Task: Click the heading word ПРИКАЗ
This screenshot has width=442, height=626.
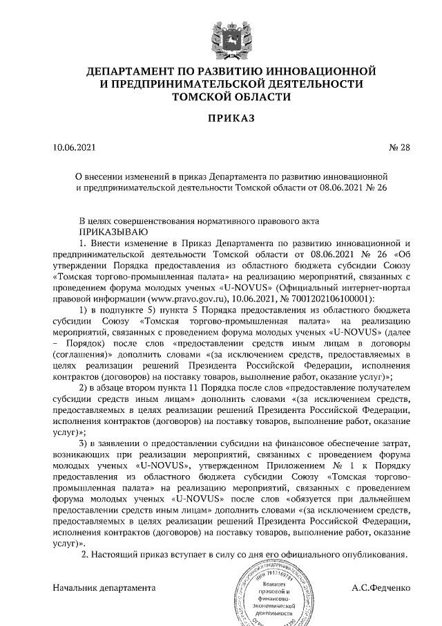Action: (222, 119)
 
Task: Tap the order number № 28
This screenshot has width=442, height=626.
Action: (398, 147)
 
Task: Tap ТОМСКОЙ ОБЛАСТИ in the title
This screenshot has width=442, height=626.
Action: (222, 95)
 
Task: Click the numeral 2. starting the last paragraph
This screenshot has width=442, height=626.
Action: (85, 555)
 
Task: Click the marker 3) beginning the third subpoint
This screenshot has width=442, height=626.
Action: (85, 442)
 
